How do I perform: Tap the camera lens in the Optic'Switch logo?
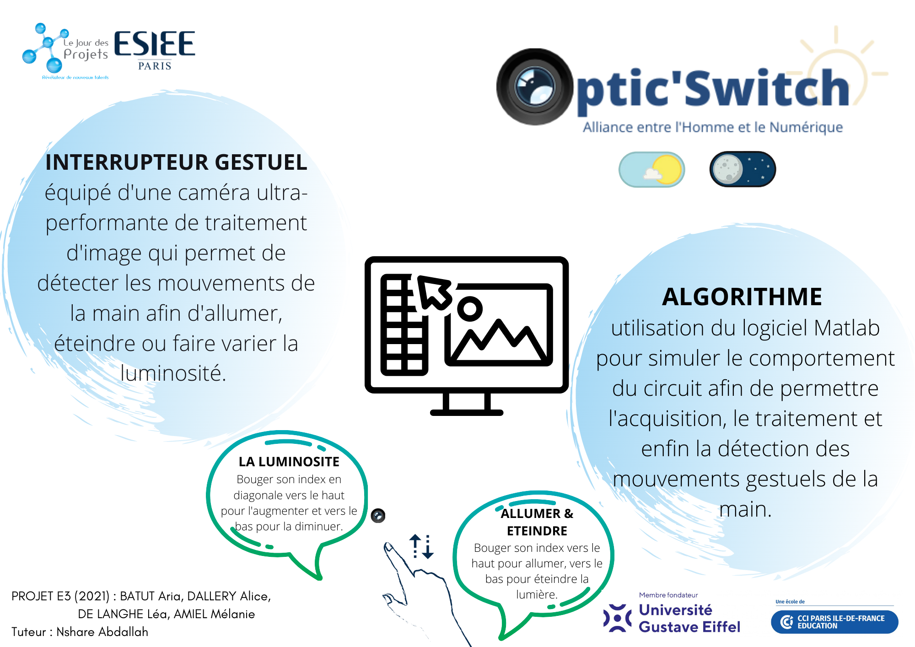[535, 87]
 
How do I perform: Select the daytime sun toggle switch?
[651, 169]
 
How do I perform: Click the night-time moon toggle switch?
[743, 169]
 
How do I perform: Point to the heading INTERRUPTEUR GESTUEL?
[176, 162]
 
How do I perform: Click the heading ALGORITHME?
[742, 297]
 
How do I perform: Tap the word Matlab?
[847, 328]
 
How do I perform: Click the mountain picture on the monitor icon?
[499, 325]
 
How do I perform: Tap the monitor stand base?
[467, 412]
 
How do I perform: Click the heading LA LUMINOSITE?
[289, 462]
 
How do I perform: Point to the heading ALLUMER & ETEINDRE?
[537, 522]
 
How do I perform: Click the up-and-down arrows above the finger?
[421, 546]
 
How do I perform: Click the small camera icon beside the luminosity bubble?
[378, 516]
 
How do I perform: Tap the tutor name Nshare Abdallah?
[102, 632]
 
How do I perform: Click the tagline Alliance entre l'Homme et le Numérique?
[713, 127]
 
